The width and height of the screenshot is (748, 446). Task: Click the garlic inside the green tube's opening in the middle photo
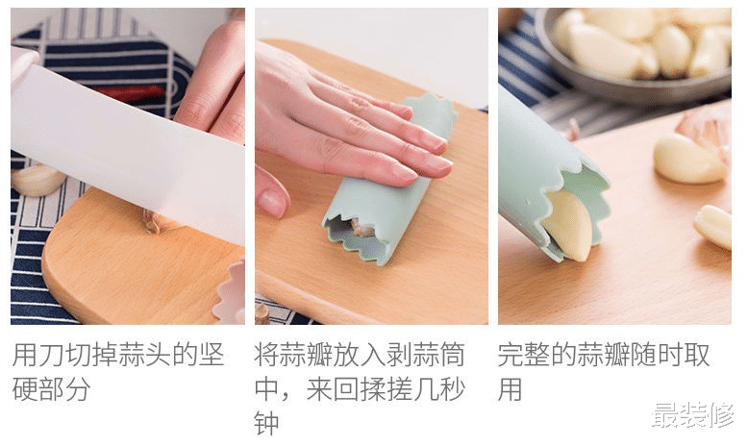click(361, 228)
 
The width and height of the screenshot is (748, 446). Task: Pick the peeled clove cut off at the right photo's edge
click(714, 226)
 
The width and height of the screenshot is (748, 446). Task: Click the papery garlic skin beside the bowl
click(707, 130)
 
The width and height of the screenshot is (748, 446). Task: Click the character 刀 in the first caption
click(49, 356)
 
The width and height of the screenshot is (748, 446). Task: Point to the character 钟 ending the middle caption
click(266, 424)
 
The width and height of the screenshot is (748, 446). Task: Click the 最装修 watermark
click(691, 415)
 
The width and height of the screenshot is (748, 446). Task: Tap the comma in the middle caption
click(291, 394)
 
